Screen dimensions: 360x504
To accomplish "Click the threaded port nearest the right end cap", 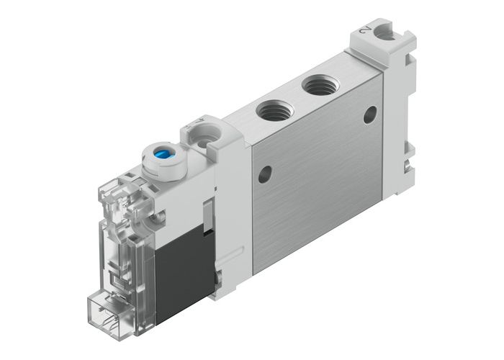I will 319,86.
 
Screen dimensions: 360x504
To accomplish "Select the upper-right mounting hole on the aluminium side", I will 370,114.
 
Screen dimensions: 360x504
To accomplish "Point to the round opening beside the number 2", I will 385,32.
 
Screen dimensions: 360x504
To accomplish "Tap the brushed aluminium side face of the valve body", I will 317,187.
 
